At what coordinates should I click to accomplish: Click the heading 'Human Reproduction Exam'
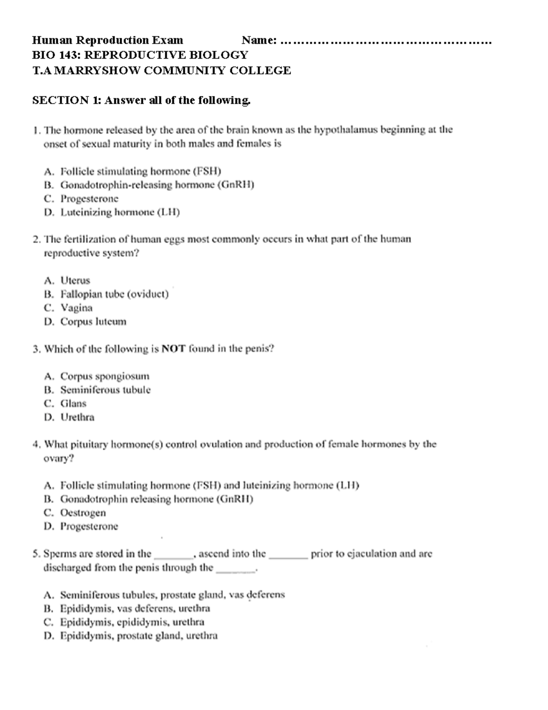(107, 40)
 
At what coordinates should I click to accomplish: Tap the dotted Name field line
(386, 43)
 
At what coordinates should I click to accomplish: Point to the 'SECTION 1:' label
(67, 100)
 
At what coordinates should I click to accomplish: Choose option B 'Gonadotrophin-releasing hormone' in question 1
(158, 185)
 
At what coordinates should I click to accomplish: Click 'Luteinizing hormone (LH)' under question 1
(120, 213)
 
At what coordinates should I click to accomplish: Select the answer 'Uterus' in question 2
(75, 281)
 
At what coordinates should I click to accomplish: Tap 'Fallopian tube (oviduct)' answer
(114, 294)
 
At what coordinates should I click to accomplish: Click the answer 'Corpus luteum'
(93, 322)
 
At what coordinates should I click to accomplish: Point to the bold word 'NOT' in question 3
(174, 349)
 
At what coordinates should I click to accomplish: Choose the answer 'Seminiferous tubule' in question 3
(105, 390)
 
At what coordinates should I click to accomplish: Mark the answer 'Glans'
(73, 404)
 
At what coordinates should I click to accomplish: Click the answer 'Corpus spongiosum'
(105, 376)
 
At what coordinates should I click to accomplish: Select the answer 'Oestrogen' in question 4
(83, 513)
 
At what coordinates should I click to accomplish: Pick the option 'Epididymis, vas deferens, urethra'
(135, 609)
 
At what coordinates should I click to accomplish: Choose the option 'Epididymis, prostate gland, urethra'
(139, 636)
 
